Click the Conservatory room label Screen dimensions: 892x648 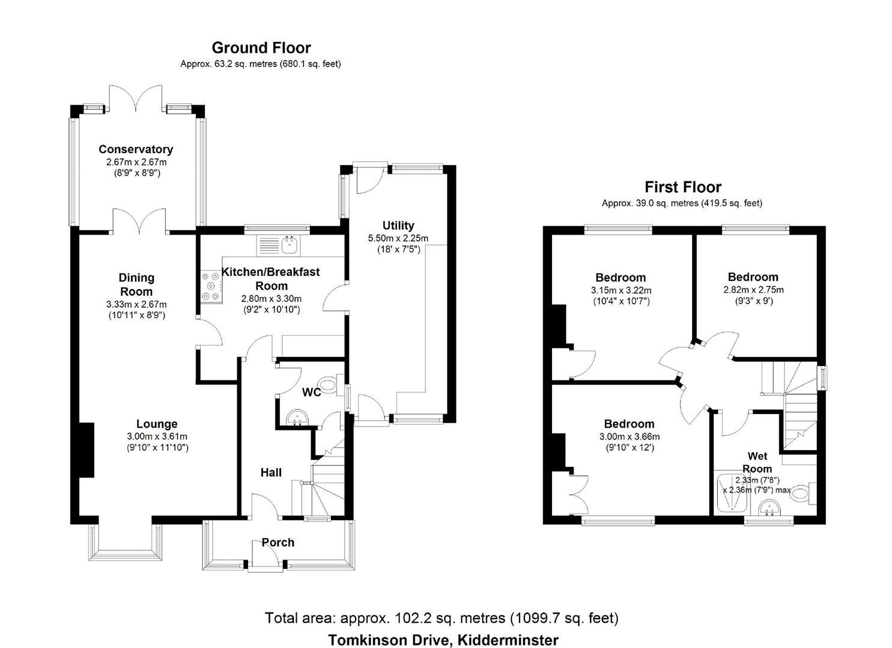pyautogui.click(x=136, y=149)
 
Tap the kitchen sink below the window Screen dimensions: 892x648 pyautogui.click(x=279, y=245)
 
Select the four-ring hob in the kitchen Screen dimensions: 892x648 pyautogui.click(x=211, y=286)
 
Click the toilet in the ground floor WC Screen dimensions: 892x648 pyautogui.click(x=330, y=385)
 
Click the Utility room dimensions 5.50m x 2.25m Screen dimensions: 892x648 pyautogui.click(x=398, y=238)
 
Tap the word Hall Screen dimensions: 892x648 pyautogui.click(x=271, y=472)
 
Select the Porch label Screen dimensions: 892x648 pyautogui.click(x=278, y=542)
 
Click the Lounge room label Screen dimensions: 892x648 pyautogui.click(x=157, y=424)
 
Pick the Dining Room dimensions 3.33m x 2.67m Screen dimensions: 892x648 pyautogui.click(x=136, y=304)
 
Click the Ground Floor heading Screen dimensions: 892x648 pyautogui.click(x=261, y=48)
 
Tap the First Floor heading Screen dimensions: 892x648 pyautogui.click(x=683, y=187)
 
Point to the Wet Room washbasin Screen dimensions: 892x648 pyautogui.click(x=768, y=509)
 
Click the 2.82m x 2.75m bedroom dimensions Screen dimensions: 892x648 pyautogui.click(x=753, y=290)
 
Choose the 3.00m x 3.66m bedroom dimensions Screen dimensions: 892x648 pyautogui.click(x=630, y=436)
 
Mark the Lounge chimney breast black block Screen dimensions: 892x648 pyautogui.click(x=86, y=449)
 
